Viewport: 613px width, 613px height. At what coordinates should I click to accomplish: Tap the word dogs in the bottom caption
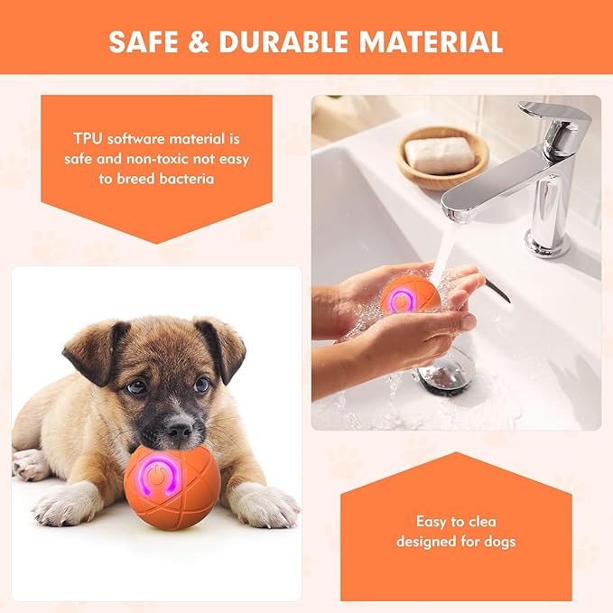(x=497, y=542)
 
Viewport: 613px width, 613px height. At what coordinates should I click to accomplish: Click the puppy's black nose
(x=180, y=423)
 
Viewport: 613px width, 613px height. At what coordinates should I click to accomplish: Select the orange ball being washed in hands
(x=408, y=297)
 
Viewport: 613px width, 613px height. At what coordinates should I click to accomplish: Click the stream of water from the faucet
(x=442, y=244)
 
